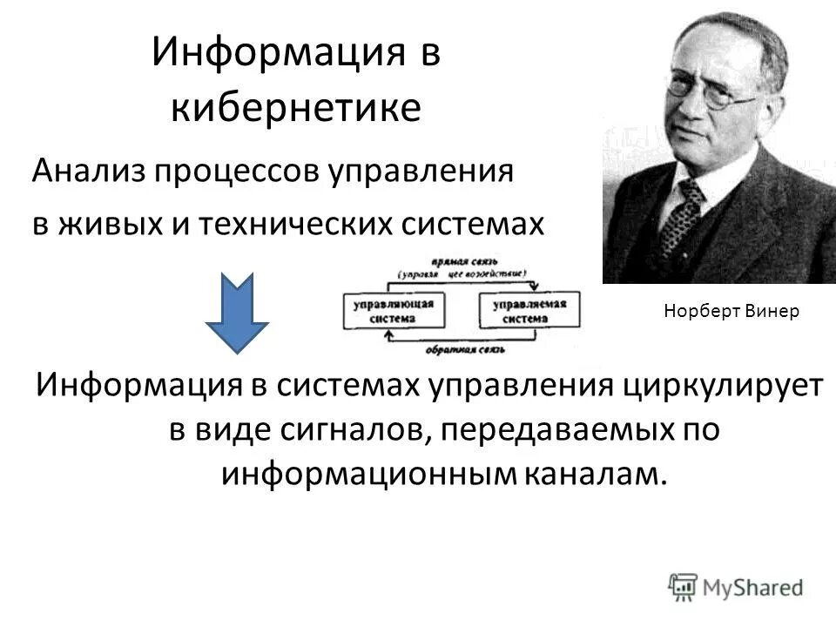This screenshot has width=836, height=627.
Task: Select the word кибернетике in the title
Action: [x=296, y=107]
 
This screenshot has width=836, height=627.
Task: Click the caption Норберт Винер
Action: [x=730, y=311]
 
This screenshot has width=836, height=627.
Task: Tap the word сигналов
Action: [x=346, y=430]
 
